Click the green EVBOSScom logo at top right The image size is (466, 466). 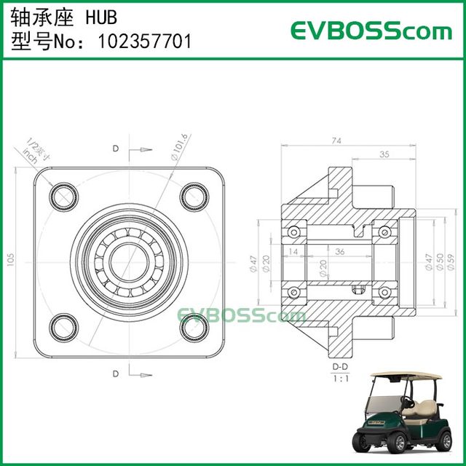[371, 31]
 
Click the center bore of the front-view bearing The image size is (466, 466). [127, 260]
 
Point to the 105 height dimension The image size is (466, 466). [10, 260]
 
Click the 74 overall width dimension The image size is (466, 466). [336, 140]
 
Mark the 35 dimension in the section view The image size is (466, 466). [384, 154]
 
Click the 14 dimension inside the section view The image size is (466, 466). [293, 251]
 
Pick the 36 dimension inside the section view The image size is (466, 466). [339, 251]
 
